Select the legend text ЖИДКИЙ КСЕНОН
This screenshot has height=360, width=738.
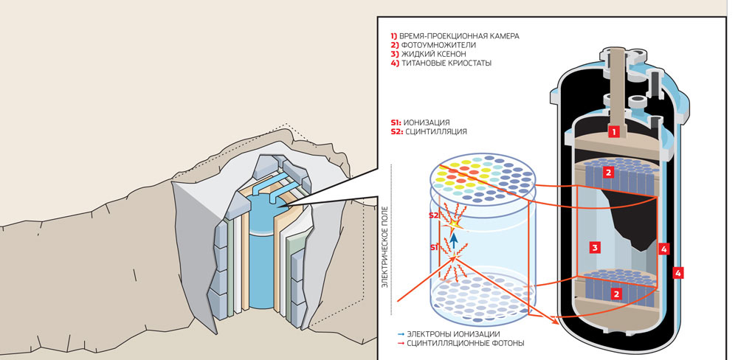pyautogui.click(x=435, y=54)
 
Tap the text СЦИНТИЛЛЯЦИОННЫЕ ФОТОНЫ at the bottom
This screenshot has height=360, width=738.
pyautogui.click(x=461, y=343)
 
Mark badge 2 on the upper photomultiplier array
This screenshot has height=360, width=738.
pyautogui.click(x=608, y=173)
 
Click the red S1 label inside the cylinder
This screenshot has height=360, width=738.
pyautogui.click(x=435, y=247)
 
